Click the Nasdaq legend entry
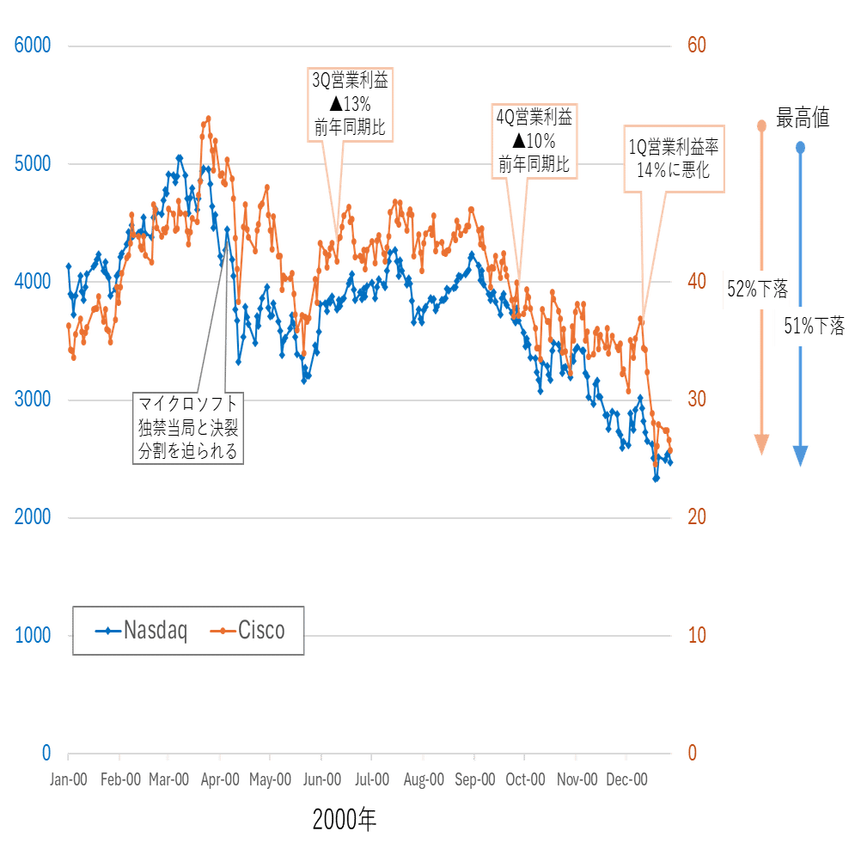[x=142, y=631]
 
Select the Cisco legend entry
[x=249, y=631]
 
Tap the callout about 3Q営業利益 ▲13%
[x=348, y=105]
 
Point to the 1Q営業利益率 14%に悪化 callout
[x=673, y=158]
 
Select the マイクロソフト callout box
[x=189, y=427]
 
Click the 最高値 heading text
[x=803, y=119]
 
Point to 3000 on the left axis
[x=34, y=399]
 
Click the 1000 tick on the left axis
[x=34, y=635]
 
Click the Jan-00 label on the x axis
[x=69, y=779]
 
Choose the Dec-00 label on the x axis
[x=627, y=779]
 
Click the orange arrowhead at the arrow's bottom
[x=761, y=444]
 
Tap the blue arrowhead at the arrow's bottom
[x=801, y=455]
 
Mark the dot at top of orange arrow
[x=761, y=126]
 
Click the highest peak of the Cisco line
[x=207, y=120]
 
